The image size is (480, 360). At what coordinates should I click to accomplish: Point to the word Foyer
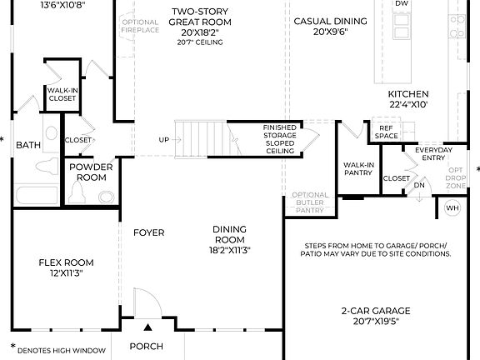pos(148,232)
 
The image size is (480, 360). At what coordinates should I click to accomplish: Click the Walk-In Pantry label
pos(358,169)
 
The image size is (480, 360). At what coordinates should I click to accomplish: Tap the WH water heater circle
pos(452,207)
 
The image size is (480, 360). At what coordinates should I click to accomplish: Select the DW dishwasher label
pos(402,4)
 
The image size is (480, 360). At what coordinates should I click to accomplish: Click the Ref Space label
pos(386,132)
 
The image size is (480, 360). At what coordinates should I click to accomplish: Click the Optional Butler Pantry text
pos(310,202)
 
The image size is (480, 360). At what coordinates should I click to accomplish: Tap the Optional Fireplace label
pos(139,27)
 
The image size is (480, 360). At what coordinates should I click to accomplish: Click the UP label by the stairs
pos(164,139)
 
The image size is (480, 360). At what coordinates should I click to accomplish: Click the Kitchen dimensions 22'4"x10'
pos(408,105)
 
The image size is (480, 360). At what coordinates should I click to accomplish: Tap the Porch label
pos(146,347)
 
